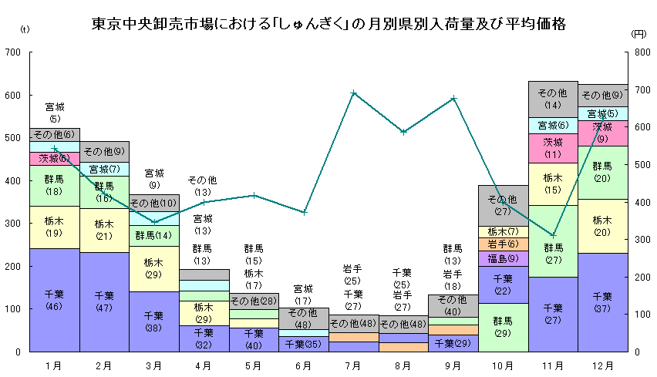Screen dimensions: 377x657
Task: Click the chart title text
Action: click(328, 25)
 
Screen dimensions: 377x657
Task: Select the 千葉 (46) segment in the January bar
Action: click(55, 299)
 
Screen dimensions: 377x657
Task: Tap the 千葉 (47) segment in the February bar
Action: click(105, 301)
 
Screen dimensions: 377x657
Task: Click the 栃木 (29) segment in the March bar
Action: click(154, 268)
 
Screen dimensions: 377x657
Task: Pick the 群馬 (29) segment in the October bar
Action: click(503, 327)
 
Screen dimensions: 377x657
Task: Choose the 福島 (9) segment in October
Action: click(503, 258)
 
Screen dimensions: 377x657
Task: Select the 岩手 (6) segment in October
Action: click(503, 244)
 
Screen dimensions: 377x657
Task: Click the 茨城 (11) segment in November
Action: click(553, 148)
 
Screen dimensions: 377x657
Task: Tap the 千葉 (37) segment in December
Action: click(602, 301)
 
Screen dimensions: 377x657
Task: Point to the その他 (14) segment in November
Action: click(553, 99)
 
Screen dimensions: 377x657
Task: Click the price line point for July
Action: click(353, 93)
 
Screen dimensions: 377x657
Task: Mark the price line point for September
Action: click(453, 98)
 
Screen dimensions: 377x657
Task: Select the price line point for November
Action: click(553, 234)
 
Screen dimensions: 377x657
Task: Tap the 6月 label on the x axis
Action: click(304, 365)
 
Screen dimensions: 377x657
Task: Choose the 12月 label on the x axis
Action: click(602, 365)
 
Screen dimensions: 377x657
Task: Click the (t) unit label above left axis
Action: click(25, 30)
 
